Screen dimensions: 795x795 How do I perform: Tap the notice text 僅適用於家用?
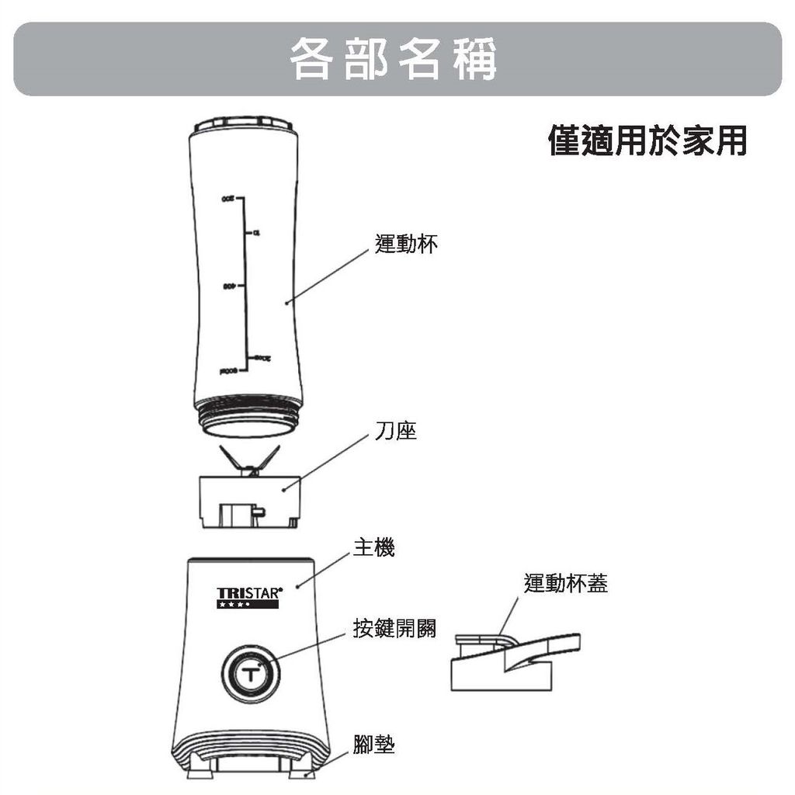[x=647, y=141]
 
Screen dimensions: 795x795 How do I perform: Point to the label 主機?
[x=373, y=549]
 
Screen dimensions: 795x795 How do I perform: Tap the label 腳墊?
[x=373, y=746]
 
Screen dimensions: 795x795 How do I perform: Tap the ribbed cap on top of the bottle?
[x=245, y=124]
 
